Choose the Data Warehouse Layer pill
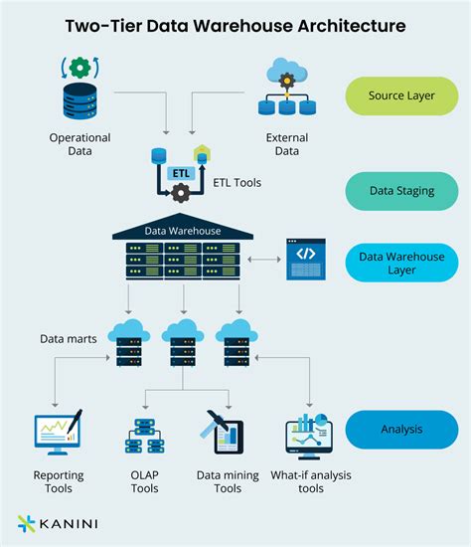coord(400,262)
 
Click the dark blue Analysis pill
coord(400,430)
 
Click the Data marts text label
coord(69,339)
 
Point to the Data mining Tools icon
coord(222,434)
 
